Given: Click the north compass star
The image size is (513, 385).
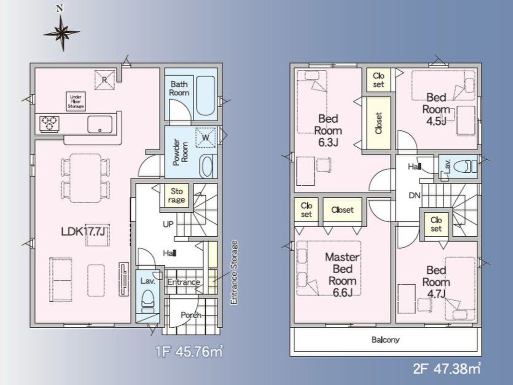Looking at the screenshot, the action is (62, 33).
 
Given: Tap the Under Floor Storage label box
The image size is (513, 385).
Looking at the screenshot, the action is (76, 102).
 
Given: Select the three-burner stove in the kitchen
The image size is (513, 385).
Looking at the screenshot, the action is (50, 124).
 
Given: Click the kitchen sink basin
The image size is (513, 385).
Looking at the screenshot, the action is (100, 125).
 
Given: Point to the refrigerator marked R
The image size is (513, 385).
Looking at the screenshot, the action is (105, 79).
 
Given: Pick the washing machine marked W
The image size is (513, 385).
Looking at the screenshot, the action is (205, 137).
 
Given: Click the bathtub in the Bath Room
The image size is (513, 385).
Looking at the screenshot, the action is (205, 96).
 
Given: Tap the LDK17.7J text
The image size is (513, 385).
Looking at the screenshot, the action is (83, 231).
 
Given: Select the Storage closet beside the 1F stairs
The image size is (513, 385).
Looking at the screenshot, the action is (176, 196).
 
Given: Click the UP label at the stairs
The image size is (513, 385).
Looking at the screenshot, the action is (168, 224).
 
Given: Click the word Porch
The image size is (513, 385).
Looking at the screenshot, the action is (191, 315).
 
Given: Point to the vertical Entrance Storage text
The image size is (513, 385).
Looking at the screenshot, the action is (234, 273).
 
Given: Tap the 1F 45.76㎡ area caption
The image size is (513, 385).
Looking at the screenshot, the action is (189, 352).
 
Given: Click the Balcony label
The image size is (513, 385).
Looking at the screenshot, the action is (386, 340).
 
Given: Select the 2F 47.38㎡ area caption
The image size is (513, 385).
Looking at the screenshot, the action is (447, 369).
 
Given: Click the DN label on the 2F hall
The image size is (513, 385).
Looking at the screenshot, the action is (414, 196).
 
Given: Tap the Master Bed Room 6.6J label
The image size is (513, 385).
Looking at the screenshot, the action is (342, 275).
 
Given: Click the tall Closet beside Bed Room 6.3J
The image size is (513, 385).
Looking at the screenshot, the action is (378, 123).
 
